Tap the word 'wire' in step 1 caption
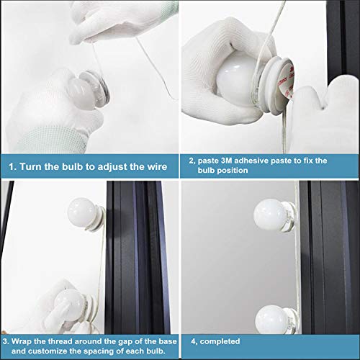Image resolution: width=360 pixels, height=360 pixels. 157,166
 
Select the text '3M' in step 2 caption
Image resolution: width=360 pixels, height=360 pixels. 227,161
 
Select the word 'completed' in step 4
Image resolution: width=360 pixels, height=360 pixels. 220,341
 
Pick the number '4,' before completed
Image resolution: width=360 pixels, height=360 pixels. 194,341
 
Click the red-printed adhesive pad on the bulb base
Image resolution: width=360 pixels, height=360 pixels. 287,83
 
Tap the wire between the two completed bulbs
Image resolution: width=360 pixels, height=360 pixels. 298,269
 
